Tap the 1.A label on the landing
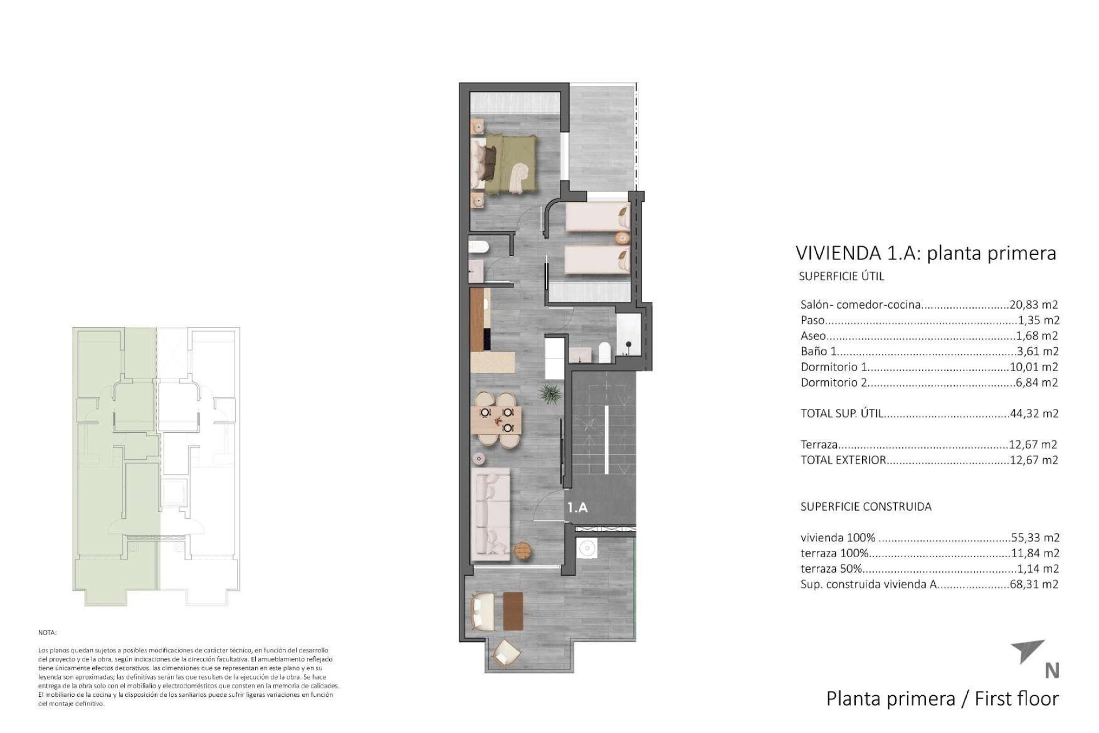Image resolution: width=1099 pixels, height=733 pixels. point(578,507)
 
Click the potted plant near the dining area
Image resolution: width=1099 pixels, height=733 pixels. point(549,394)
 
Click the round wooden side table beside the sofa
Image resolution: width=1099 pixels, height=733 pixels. point(523,550)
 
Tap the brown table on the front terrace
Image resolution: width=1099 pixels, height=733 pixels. point(513,610)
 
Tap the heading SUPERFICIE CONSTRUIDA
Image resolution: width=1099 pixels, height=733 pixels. point(865,507)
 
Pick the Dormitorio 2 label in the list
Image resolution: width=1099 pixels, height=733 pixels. point(833,383)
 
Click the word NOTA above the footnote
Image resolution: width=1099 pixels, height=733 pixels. point(48,633)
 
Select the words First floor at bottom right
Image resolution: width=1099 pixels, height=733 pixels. point(1011,699)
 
